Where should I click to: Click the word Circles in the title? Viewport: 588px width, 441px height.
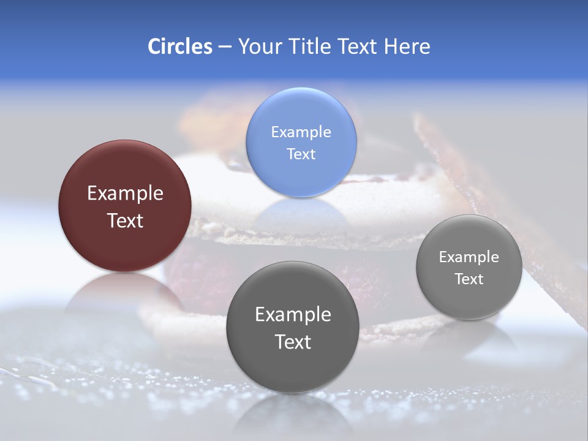[x=179, y=47]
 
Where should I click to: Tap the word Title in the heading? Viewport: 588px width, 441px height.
[x=311, y=47]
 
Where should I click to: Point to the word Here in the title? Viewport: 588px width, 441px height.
[x=407, y=47]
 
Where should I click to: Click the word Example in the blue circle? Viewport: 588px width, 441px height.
[x=301, y=132]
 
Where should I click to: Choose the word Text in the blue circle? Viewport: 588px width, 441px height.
[x=301, y=154]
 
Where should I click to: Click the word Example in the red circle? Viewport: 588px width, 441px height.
[x=125, y=194]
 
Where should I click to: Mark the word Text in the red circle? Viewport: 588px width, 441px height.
[x=125, y=221]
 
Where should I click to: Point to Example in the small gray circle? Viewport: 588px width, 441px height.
[x=469, y=257]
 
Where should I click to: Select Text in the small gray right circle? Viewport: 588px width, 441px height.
[x=469, y=279]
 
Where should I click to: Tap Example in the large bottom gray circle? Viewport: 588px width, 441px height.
[x=293, y=314]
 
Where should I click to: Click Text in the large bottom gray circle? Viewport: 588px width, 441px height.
[x=293, y=342]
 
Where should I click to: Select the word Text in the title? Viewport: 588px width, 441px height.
[x=358, y=47]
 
